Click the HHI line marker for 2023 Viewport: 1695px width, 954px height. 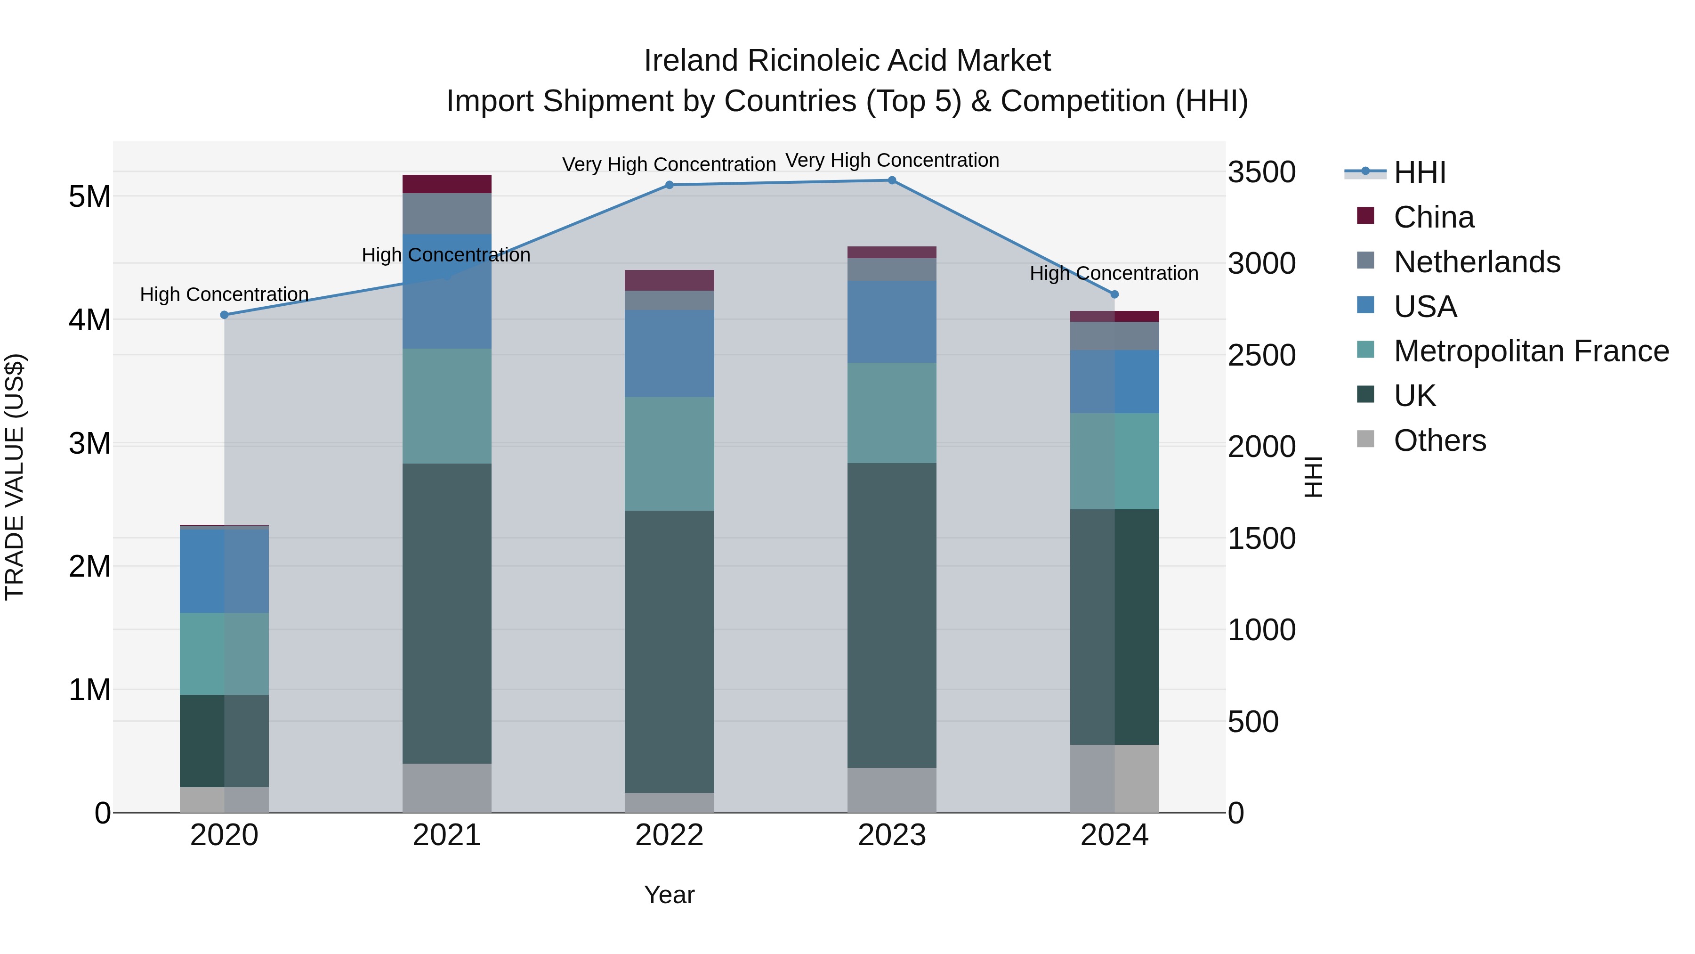pyautogui.click(x=892, y=180)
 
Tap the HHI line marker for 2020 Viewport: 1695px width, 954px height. pyautogui.click(x=225, y=315)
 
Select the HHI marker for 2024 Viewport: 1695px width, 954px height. pyautogui.click(x=1114, y=294)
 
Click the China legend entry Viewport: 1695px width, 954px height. pyautogui.click(x=1433, y=217)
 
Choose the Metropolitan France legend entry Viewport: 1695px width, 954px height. pyautogui.click(x=1531, y=351)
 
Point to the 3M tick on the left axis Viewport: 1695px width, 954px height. pyautogui.click(x=89, y=443)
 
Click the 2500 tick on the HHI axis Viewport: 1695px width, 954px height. pyautogui.click(x=1261, y=356)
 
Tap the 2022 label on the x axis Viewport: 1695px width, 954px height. pyautogui.click(x=669, y=835)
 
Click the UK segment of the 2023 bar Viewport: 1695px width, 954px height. pyautogui.click(x=892, y=616)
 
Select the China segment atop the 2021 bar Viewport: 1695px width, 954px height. pyautogui.click(x=447, y=184)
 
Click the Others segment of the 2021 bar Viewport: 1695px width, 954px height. pyautogui.click(x=447, y=788)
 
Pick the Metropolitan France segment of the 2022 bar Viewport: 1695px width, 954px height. pyautogui.click(x=669, y=454)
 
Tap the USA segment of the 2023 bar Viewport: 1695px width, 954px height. pyautogui.click(x=892, y=321)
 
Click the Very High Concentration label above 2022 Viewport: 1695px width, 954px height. pyautogui.click(x=669, y=164)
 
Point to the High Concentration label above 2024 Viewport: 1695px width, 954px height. pyautogui.click(x=1114, y=273)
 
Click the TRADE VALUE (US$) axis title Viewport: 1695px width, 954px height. pyautogui.click(x=15, y=477)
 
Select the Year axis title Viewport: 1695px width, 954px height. pyautogui.click(x=669, y=895)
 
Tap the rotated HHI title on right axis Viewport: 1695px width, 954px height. pyautogui.click(x=1313, y=477)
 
